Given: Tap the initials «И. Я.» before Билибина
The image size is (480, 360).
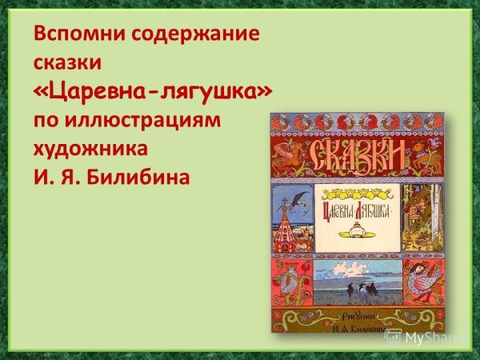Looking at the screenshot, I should coord(60,175).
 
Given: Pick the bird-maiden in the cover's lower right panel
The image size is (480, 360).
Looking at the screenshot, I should coord(417,281).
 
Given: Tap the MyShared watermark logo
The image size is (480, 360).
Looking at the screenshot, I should coord(429,337).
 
